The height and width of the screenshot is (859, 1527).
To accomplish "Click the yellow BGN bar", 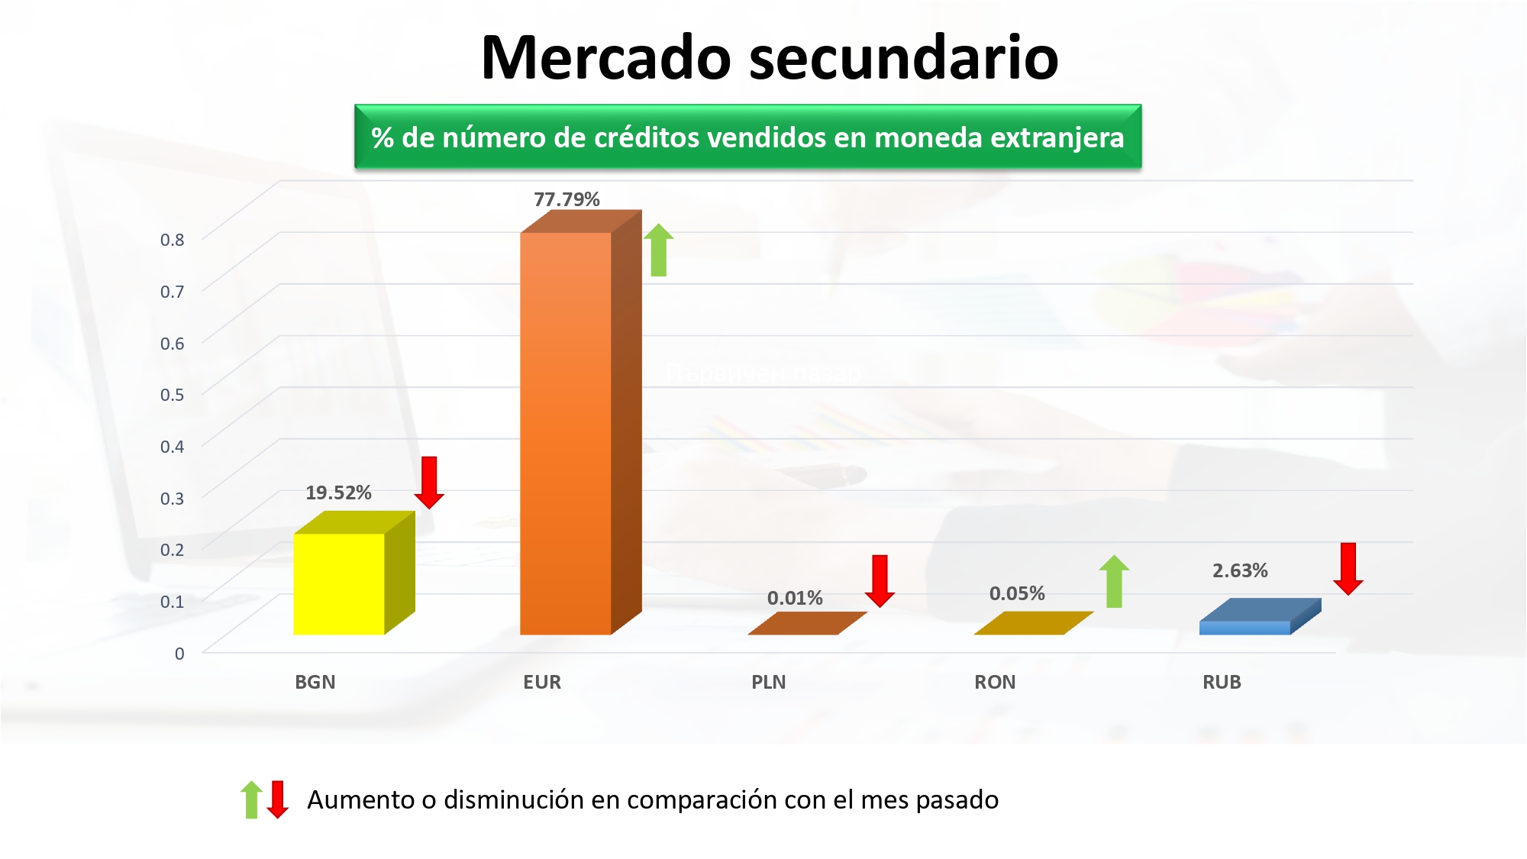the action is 354,573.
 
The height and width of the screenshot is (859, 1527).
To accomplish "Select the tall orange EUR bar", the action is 580,422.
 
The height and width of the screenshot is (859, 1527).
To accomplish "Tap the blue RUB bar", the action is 1260,617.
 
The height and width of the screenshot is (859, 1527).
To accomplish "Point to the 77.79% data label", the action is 567,199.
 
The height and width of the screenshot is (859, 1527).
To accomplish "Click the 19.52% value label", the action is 338,492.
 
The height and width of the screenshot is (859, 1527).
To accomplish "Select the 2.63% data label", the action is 1240,570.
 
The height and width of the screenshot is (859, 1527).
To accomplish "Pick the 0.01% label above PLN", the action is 795,598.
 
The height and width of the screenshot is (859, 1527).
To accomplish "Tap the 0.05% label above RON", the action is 1017,593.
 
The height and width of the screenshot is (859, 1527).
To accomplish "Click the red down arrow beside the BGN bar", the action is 429,483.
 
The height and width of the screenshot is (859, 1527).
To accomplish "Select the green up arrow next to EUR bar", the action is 658,250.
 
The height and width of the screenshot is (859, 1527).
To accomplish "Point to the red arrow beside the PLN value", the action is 880,581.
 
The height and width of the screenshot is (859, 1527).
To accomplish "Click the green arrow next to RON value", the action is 1114,581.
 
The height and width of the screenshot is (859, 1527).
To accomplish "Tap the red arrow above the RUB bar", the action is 1348,569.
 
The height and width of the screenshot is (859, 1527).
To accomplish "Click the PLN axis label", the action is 768,682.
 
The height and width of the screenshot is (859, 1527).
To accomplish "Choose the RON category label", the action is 995,682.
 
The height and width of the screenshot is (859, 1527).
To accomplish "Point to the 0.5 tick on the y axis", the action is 172,395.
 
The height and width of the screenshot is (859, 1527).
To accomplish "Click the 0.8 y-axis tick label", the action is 172,240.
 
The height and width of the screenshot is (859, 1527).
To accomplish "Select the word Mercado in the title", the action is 606,57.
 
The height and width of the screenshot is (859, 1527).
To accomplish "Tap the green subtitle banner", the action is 748,137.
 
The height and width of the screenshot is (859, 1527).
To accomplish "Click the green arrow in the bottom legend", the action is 251,799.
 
